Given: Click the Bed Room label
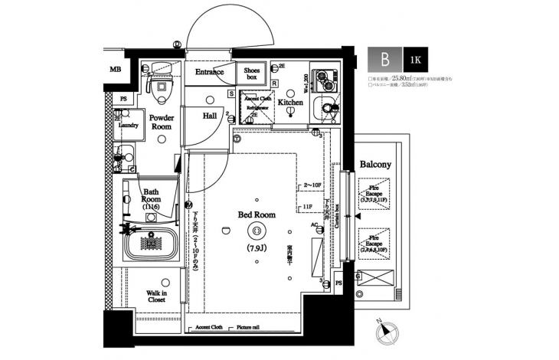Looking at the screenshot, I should (x=257, y=215).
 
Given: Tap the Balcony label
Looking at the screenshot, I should (x=375, y=165).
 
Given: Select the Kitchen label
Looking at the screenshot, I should (x=290, y=102).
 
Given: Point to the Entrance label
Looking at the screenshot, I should (x=209, y=73).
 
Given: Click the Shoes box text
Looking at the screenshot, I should (x=252, y=73).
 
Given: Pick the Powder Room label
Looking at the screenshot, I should (x=162, y=123).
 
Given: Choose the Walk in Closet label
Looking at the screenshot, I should (x=157, y=296).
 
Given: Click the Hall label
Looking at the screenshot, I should (x=210, y=116).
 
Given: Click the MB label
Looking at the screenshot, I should (x=115, y=70).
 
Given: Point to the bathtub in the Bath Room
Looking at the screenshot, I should (x=152, y=244).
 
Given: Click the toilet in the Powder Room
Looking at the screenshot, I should (x=160, y=89).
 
